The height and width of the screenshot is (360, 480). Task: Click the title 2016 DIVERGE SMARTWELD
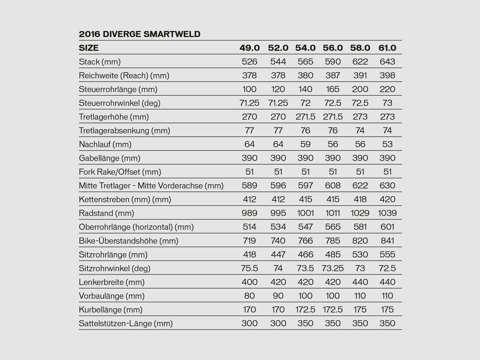[139, 34]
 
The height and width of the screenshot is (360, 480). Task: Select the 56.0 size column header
[333, 48]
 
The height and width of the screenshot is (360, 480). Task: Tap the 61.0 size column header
[387, 48]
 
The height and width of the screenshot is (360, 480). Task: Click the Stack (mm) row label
[100, 62]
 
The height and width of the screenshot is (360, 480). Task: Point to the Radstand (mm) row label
[106, 213]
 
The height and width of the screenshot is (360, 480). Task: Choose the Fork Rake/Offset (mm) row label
[120, 172]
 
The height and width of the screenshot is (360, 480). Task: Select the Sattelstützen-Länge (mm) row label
[126, 323]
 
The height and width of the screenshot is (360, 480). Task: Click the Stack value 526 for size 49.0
[249, 62]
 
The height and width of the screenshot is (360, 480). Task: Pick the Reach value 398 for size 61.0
[387, 76]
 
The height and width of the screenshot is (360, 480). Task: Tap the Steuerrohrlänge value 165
[333, 89]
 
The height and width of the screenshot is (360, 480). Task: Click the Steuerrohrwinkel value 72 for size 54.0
[305, 103]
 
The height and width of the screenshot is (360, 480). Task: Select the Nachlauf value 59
[305, 144]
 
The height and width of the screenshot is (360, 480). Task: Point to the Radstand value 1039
[387, 213]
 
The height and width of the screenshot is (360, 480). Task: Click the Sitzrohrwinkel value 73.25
[333, 268]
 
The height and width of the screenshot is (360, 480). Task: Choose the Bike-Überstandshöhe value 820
[360, 241]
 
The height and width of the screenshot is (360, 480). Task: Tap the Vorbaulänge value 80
[249, 296]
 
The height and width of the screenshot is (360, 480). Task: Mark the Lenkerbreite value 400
[249, 282]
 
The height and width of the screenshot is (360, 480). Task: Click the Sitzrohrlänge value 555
[387, 255]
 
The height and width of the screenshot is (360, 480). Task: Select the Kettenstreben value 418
[360, 199]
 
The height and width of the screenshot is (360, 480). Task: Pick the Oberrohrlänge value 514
[249, 227]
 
